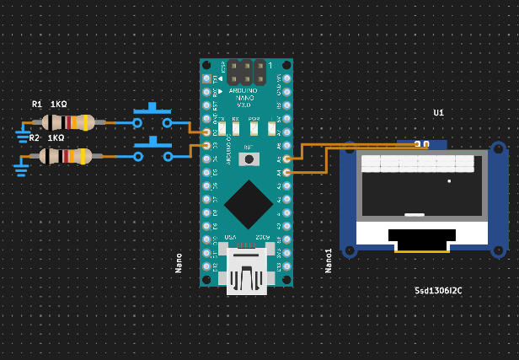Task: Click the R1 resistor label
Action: [x=37, y=105]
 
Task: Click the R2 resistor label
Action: [x=35, y=138]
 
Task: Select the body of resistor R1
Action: [x=68, y=122]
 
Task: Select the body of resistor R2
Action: [x=66, y=156]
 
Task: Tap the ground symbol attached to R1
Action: [x=23, y=133]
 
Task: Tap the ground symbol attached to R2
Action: [x=20, y=167]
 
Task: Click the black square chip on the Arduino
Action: [x=248, y=203]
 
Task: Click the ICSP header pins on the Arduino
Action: [x=246, y=71]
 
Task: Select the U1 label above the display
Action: [x=439, y=113]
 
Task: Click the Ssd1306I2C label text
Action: [x=438, y=291]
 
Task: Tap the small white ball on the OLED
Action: [x=449, y=181]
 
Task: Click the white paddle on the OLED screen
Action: [x=415, y=214]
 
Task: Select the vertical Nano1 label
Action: [x=329, y=260]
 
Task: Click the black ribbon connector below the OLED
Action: [x=421, y=237]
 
